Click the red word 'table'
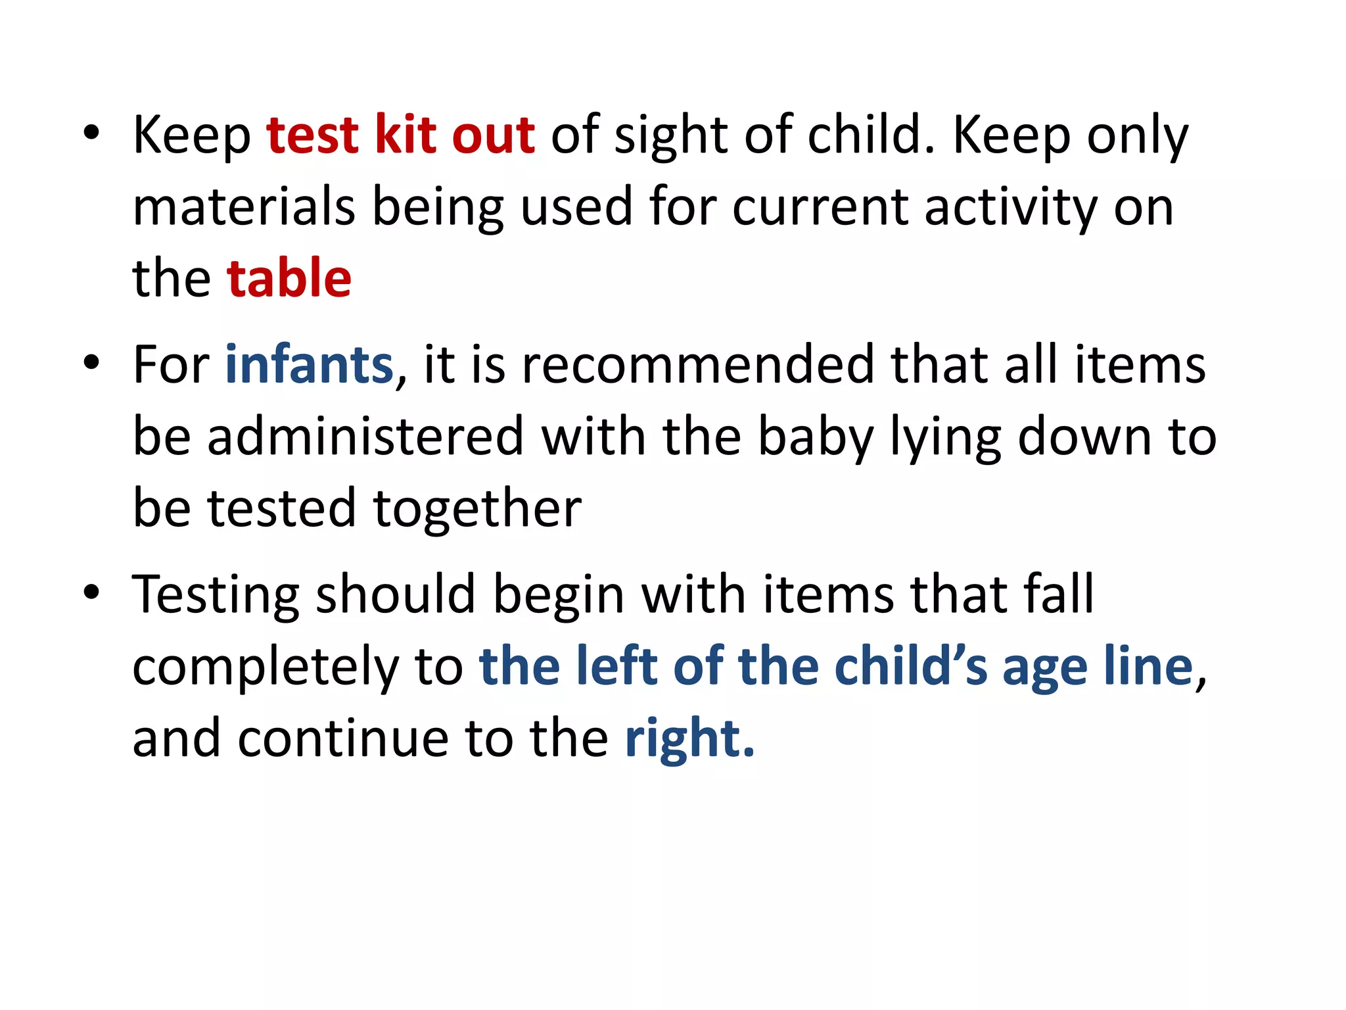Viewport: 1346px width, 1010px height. pyautogui.click(x=289, y=278)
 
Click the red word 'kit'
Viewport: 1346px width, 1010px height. pyautogui.click(x=406, y=135)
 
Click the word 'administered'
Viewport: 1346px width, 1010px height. pyautogui.click(x=365, y=437)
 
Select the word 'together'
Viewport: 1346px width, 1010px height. pyautogui.click(x=477, y=508)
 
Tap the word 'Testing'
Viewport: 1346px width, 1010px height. pyautogui.click(x=216, y=594)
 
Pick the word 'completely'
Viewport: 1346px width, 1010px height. pyautogui.click(x=266, y=666)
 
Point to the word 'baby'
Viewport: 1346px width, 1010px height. pyautogui.click(x=816, y=437)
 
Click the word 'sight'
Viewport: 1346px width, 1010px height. pyautogui.click(x=670, y=135)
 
